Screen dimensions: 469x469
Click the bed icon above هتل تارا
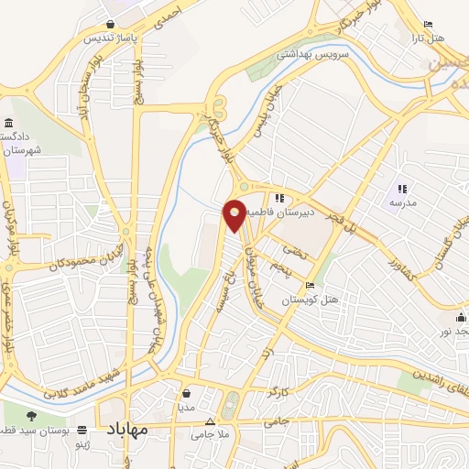pos(428,24)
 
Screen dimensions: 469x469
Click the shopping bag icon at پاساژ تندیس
pos(110,24)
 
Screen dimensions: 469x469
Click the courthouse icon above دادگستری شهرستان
pos(9,124)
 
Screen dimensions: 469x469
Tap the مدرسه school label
pos(403,201)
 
